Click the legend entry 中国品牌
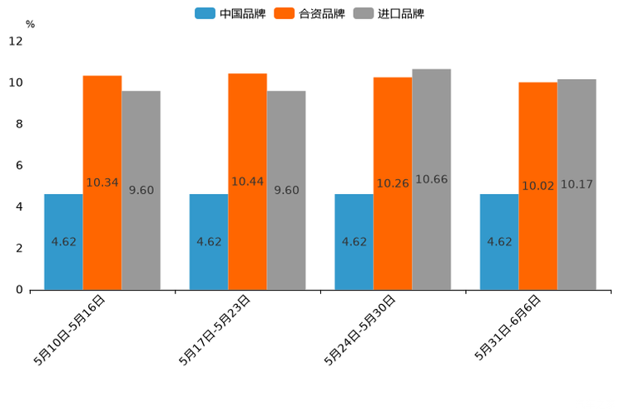pos(230,13)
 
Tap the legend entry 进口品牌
pos(389,13)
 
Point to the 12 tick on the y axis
pos(16,41)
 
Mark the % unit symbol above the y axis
pos(30,24)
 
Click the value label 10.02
pos(538,186)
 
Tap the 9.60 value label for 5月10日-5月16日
pos(141,190)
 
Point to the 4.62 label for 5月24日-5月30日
pos(354,241)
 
